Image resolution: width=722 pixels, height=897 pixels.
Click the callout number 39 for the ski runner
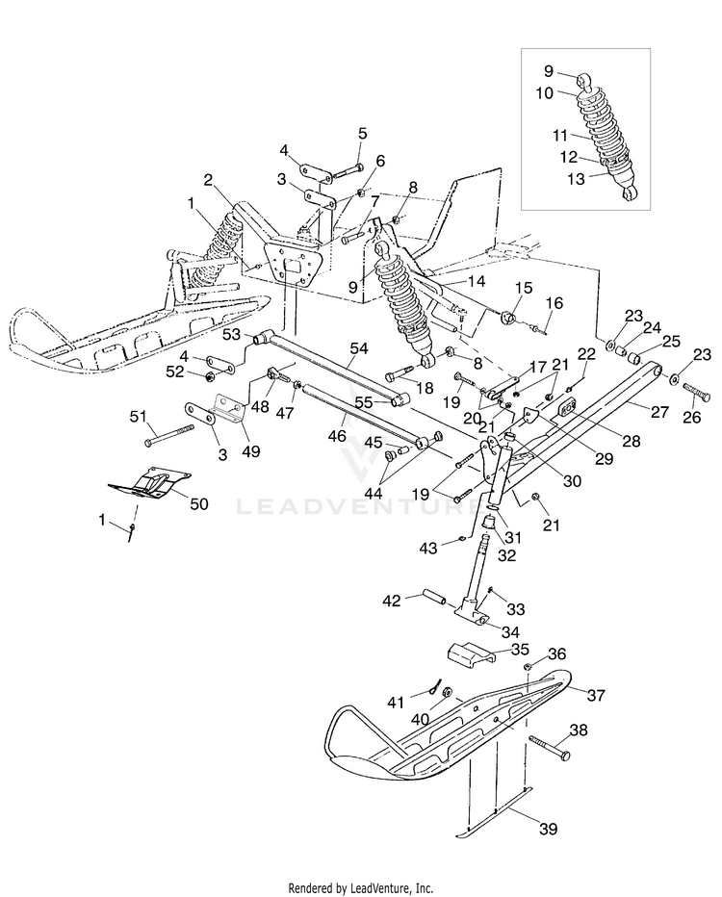tap(548, 829)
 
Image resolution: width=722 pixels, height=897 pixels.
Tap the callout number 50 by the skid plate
tap(199, 504)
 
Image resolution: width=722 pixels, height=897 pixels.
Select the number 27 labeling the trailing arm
tap(659, 412)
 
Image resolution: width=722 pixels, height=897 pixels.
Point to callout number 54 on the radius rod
tap(358, 348)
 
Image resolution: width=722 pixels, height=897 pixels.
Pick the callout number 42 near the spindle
tap(393, 601)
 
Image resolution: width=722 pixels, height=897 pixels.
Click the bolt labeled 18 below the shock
tap(400, 373)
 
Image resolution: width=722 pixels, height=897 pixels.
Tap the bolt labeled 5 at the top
tap(347, 170)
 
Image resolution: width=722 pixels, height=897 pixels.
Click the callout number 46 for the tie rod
tap(338, 436)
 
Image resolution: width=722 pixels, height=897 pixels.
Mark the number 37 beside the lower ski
tap(596, 695)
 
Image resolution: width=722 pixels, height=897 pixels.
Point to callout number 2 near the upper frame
tap(208, 180)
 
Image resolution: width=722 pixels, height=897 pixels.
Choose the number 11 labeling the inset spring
tap(560, 136)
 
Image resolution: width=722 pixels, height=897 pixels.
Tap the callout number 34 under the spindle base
tap(510, 631)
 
